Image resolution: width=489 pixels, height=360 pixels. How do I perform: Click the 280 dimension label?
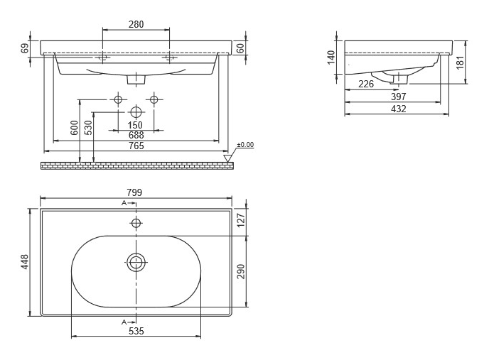(x=136, y=24)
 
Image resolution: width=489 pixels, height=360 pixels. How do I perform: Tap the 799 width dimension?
(x=134, y=192)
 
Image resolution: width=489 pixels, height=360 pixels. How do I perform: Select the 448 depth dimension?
(x=24, y=262)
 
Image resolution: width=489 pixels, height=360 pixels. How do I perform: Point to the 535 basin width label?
(x=136, y=331)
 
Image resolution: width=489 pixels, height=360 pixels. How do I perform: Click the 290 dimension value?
(x=242, y=271)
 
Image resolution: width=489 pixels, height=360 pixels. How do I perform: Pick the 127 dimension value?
(x=242, y=220)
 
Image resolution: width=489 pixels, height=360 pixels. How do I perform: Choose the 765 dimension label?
(x=136, y=146)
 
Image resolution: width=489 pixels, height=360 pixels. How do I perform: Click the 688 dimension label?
(x=136, y=135)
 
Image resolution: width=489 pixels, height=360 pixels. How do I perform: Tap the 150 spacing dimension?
(x=135, y=125)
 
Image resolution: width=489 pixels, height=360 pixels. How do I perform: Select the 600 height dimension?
(x=74, y=128)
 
